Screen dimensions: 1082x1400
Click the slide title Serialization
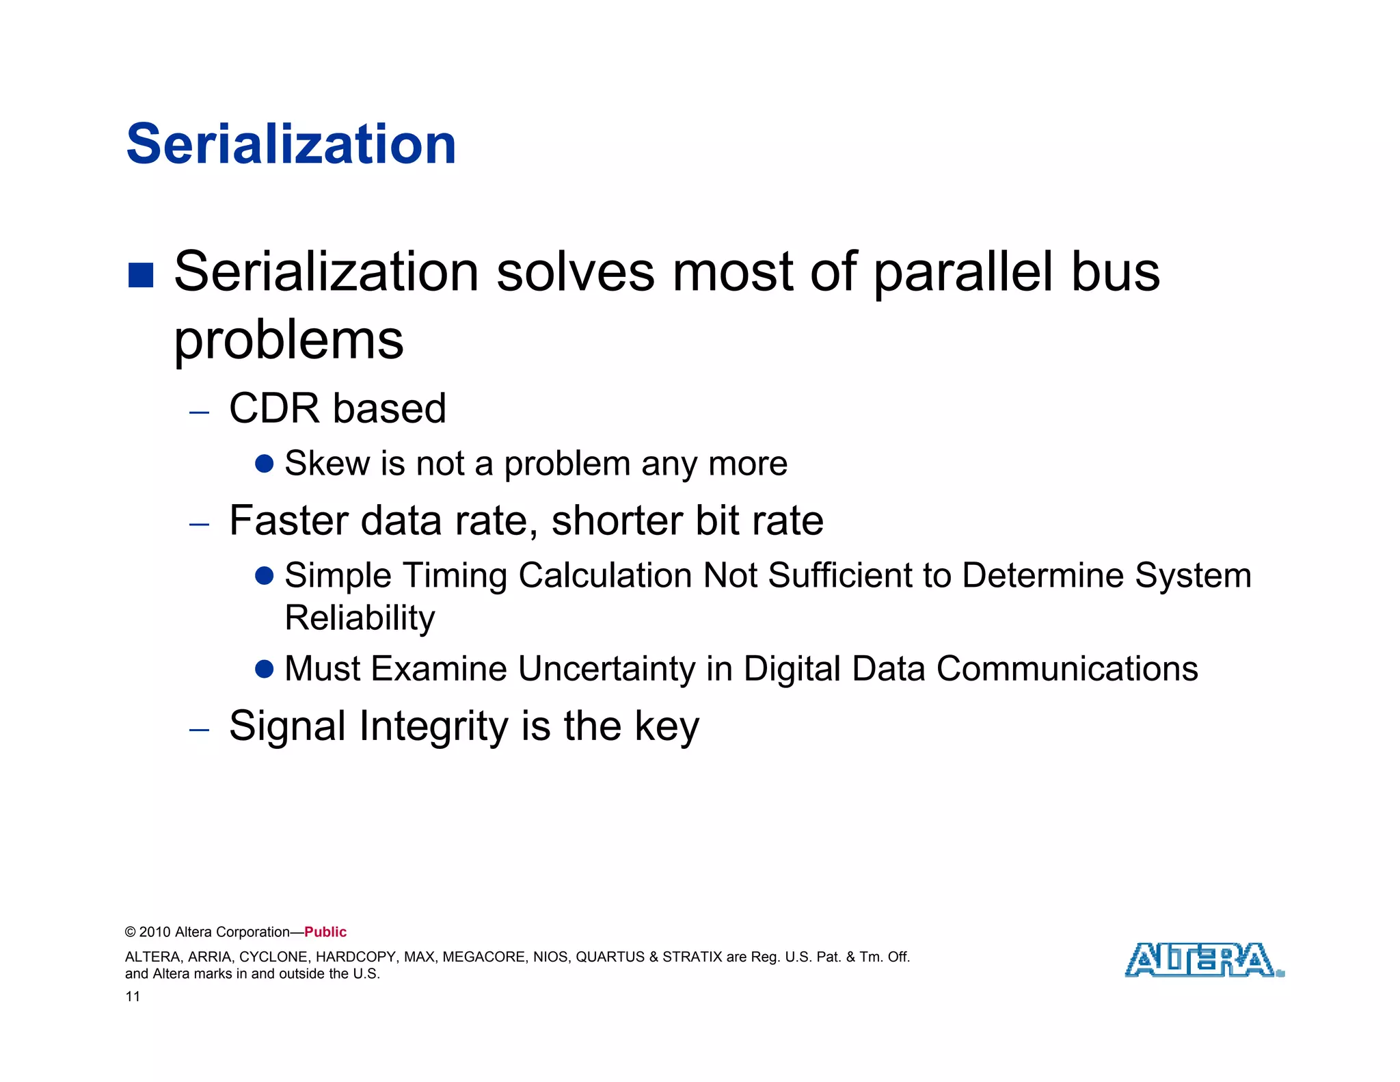[291, 144]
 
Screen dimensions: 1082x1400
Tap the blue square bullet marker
[141, 275]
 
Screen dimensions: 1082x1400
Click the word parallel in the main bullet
[963, 272]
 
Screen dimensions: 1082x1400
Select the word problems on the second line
[288, 341]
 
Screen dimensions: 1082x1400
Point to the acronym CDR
[274, 408]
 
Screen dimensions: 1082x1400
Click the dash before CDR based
[199, 412]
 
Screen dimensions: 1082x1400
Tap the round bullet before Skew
[265, 464]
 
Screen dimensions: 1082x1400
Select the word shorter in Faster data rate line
[617, 520]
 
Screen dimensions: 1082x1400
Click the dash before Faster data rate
[199, 525]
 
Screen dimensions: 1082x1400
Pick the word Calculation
[604, 575]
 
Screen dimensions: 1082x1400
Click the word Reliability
[360, 618]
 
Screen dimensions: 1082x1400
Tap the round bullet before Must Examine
[265, 668]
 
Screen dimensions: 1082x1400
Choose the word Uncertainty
[606, 669]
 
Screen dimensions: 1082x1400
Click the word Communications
[1066, 668]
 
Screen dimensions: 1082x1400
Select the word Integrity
[434, 726]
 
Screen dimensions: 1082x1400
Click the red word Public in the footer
[325, 932]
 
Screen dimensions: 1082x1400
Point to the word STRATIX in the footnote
[692, 957]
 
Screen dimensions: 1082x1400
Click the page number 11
[133, 997]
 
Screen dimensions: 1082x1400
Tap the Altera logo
[1203, 960]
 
